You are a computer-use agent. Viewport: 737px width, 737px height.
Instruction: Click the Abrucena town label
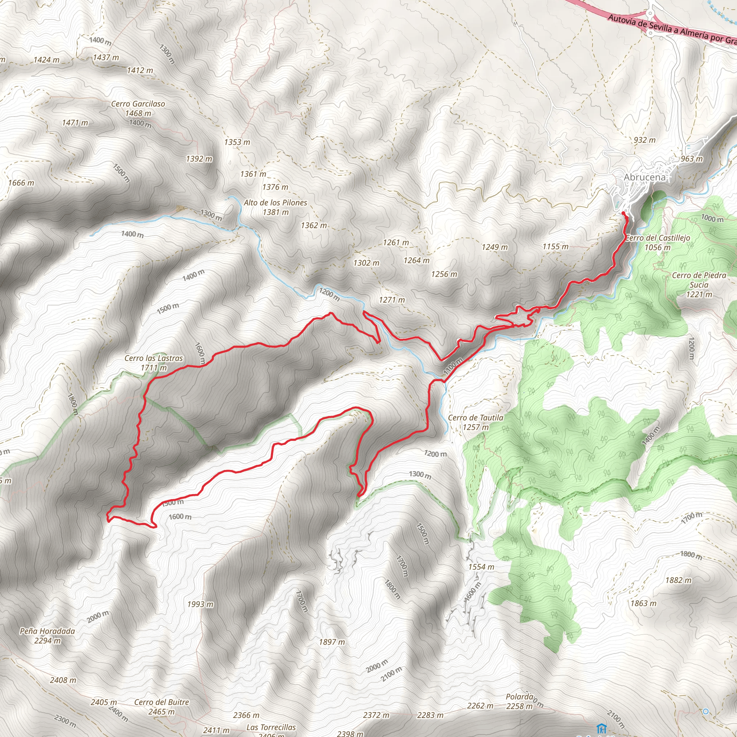[x=644, y=177]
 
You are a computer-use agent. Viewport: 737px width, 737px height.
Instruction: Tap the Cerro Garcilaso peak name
[x=138, y=104]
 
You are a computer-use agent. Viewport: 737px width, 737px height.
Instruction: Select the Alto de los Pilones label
[x=275, y=203]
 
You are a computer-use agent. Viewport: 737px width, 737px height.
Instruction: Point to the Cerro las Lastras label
[x=154, y=358]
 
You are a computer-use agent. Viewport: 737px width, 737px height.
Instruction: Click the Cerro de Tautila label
[x=475, y=418]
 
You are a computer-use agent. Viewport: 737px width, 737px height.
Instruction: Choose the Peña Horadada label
[x=47, y=631]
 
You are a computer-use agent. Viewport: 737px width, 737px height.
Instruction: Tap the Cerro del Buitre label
[x=161, y=702]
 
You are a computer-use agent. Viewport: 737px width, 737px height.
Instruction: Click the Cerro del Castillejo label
[x=658, y=238]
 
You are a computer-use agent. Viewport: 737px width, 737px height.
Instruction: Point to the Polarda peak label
[x=519, y=697]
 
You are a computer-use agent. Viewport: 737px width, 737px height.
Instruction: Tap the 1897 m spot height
[x=332, y=642]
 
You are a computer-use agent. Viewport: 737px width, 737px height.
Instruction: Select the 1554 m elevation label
[x=481, y=567]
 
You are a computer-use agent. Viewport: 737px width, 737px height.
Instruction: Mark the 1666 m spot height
[x=21, y=183]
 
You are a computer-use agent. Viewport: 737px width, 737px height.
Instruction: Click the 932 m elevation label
[x=645, y=140]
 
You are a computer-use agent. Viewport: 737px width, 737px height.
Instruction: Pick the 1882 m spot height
[x=678, y=580]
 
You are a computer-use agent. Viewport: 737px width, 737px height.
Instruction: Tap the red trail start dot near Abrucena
[x=623, y=213]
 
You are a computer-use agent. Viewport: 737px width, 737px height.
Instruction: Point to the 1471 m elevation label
[x=75, y=123]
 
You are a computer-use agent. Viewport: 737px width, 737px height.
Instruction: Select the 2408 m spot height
[x=63, y=680]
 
